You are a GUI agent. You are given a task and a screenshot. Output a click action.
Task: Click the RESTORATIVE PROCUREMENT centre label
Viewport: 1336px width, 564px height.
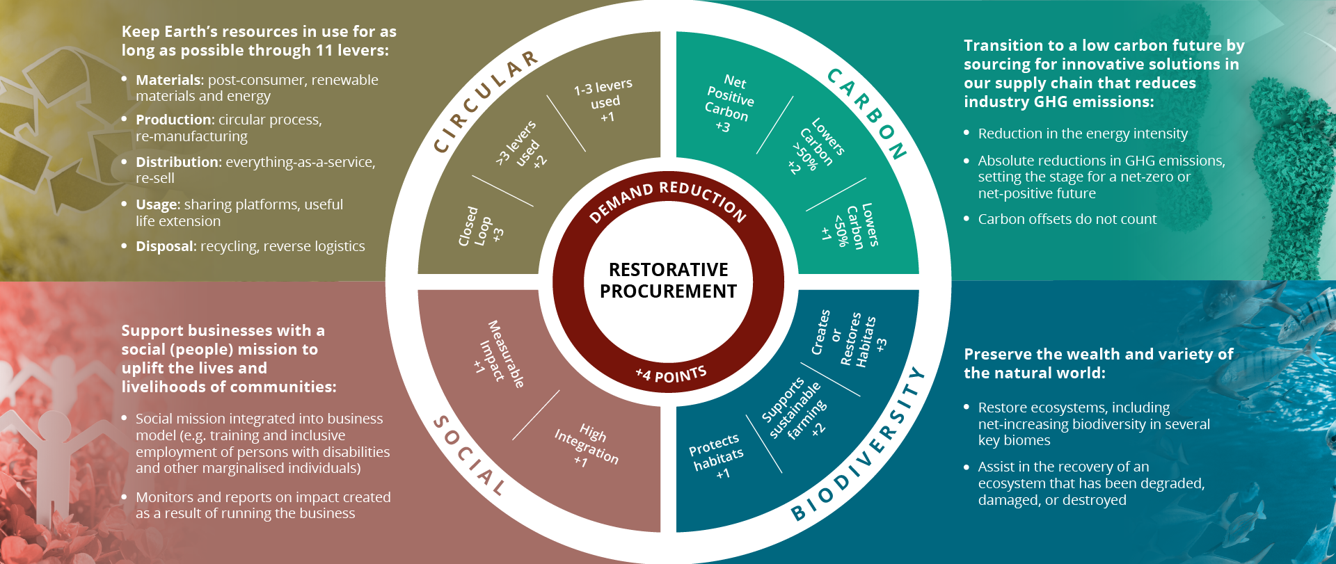point(668,280)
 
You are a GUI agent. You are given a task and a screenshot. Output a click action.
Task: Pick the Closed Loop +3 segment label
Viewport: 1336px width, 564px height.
point(480,227)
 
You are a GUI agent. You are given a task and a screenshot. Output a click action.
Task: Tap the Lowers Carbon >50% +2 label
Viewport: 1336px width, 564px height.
point(816,147)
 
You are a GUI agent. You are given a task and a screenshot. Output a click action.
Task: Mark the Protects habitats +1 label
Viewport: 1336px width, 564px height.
point(717,456)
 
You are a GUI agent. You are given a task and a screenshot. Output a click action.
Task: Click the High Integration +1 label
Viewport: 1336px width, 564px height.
point(587,446)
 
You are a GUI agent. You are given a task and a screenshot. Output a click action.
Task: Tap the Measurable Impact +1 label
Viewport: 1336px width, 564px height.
point(500,354)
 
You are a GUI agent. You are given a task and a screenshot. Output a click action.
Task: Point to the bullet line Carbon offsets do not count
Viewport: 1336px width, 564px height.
point(1067,219)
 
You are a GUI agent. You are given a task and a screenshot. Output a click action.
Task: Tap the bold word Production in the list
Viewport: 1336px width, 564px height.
point(173,120)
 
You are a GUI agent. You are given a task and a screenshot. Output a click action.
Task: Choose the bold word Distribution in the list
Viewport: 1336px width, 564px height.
point(177,162)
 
